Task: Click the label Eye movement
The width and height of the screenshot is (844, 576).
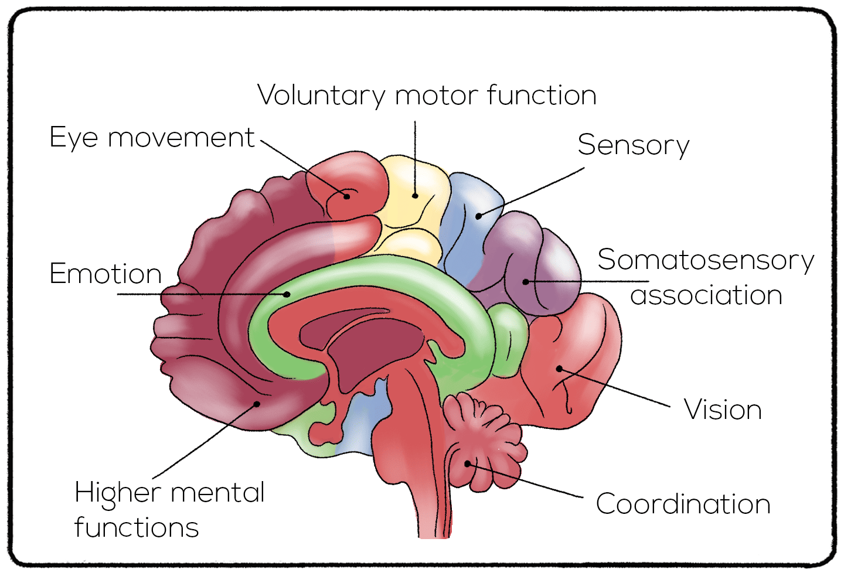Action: pyautogui.click(x=152, y=138)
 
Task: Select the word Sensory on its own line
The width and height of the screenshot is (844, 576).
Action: pyautogui.click(x=634, y=145)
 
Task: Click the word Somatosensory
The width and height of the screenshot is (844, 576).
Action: pyautogui.click(x=706, y=260)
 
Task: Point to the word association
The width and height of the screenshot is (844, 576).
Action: pyautogui.click(x=706, y=295)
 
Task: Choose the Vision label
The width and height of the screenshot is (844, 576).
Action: pyautogui.click(x=723, y=410)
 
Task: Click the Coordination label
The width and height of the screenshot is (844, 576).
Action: pyautogui.click(x=683, y=504)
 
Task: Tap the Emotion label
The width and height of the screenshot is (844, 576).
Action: pyautogui.click(x=105, y=274)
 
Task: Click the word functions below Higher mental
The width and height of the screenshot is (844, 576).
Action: pyautogui.click(x=137, y=527)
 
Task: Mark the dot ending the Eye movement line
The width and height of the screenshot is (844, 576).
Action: pyautogui.click(x=346, y=196)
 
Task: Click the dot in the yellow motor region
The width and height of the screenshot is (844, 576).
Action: pyautogui.click(x=415, y=196)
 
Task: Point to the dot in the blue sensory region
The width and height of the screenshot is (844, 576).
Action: pyautogui.click(x=478, y=216)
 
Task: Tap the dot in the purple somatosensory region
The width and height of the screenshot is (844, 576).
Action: pyautogui.click(x=526, y=282)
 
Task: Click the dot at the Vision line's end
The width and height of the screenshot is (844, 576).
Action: pyautogui.click(x=559, y=369)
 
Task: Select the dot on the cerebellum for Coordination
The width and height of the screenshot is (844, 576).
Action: pyautogui.click(x=468, y=463)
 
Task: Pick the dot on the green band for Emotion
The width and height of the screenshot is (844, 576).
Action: pyautogui.click(x=287, y=294)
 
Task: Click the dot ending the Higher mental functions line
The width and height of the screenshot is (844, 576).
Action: pyautogui.click(x=257, y=404)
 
